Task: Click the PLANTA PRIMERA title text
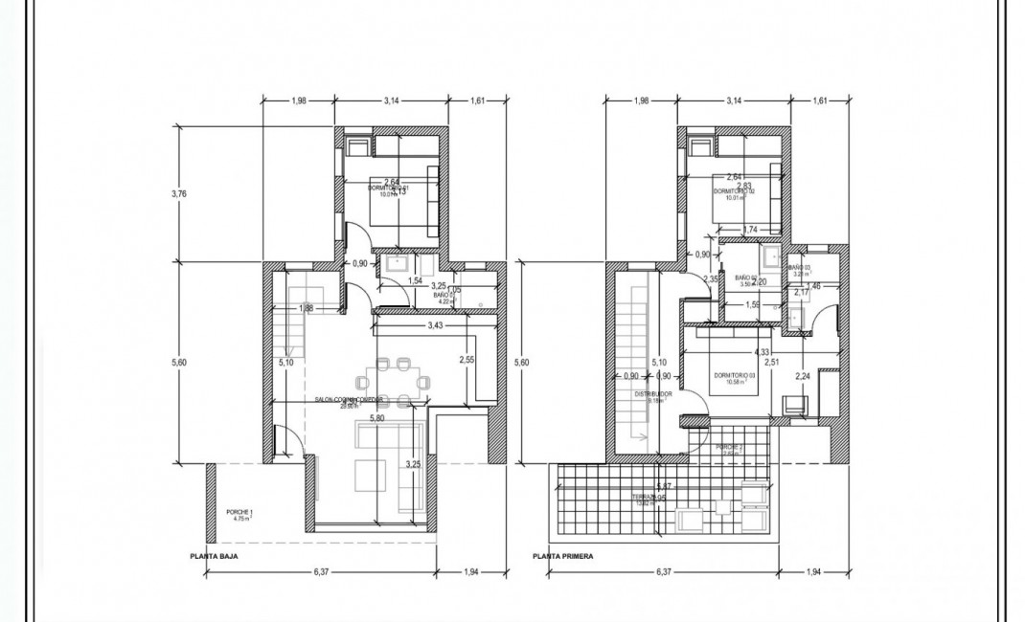pyautogui.click(x=563, y=554)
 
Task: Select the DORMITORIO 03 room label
pyautogui.click(x=736, y=375)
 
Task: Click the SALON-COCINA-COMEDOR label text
pyautogui.click(x=349, y=400)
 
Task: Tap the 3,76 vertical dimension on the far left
pyautogui.click(x=178, y=193)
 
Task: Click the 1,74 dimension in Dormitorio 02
pyautogui.click(x=750, y=229)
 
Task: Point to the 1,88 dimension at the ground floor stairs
pyautogui.click(x=307, y=308)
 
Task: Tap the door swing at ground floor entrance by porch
pyautogui.click(x=286, y=441)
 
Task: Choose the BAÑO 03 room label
pyautogui.click(x=799, y=270)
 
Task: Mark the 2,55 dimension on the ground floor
pyautogui.click(x=467, y=360)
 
